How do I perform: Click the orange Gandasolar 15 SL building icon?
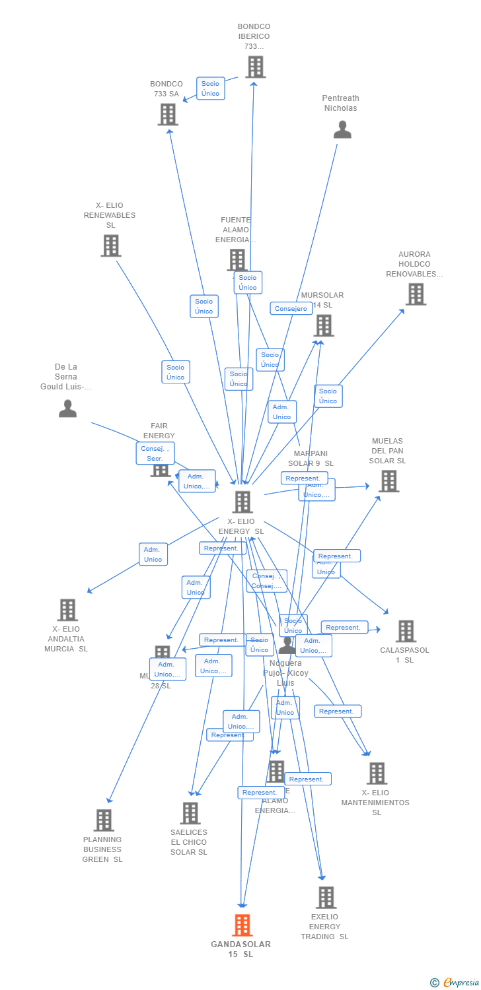(242, 925)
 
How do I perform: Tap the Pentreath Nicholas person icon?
(342, 129)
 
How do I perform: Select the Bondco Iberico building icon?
(255, 67)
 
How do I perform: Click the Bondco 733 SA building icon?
(168, 114)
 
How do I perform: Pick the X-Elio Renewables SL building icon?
(110, 246)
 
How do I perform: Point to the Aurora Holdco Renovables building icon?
(416, 294)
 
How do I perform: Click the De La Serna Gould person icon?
(67, 409)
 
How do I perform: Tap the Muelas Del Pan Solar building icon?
(388, 481)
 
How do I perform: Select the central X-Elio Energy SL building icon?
(242, 502)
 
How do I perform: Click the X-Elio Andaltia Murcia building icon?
(67, 610)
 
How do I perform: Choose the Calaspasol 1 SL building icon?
(406, 631)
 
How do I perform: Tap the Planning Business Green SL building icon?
(104, 820)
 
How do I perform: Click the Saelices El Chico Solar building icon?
(190, 813)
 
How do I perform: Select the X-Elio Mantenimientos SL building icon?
(377, 773)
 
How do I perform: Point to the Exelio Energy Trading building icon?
(326, 898)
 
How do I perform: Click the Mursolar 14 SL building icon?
(324, 325)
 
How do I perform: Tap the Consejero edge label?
(291, 308)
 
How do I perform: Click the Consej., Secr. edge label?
(155, 453)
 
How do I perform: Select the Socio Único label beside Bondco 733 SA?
(210, 88)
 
